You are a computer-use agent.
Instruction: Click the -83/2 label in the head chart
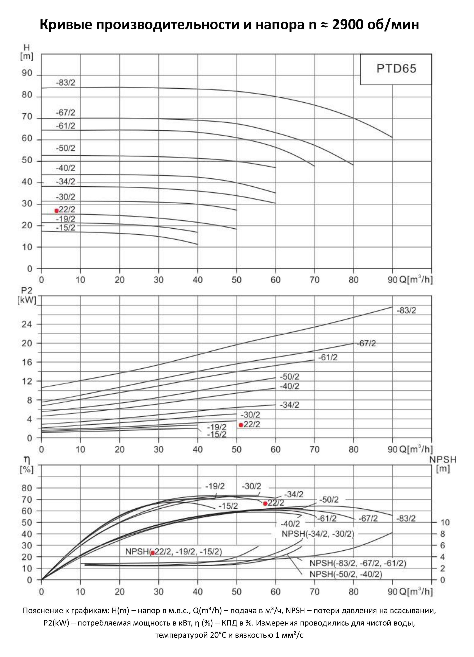coord(65,83)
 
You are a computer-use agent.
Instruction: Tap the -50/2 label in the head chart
coord(65,148)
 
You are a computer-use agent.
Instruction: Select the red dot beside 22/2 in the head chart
coord(56,211)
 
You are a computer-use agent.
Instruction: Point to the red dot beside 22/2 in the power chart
coord(241,425)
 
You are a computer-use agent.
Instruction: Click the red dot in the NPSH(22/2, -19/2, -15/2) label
coord(152,553)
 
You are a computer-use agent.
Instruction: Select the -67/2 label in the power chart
coord(366,344)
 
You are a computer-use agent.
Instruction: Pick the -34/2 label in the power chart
coord(289,405)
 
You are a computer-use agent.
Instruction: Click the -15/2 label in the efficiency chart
coord(228,506)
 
